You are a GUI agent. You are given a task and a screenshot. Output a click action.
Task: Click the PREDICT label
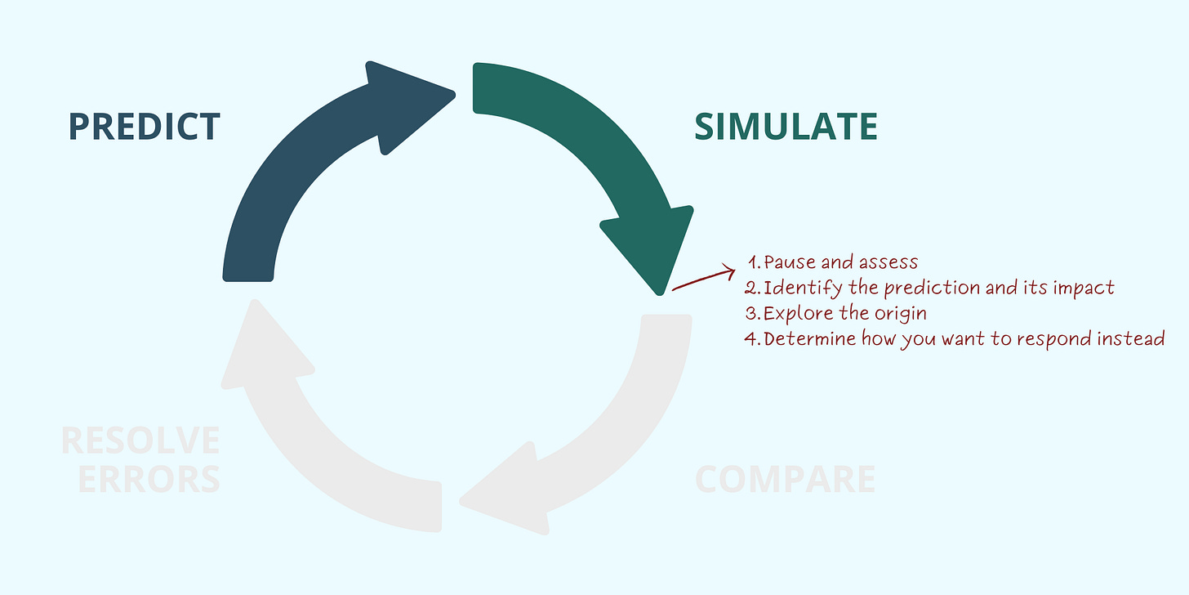(144, 127)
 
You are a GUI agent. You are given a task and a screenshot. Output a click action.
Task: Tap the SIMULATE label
(786, 127)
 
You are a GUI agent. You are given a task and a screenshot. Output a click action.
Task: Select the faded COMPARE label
(785, 479)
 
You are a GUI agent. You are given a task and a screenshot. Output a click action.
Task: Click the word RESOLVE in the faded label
(140, 441)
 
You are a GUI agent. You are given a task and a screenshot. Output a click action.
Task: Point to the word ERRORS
(149, 479)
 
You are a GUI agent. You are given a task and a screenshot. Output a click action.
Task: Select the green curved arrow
(604, 155)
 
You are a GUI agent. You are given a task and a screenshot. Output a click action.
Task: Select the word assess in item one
(887, 262)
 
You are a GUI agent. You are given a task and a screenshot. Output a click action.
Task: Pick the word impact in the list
(1084, 289)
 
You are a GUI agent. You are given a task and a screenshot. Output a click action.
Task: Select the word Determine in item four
(809, 339)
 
